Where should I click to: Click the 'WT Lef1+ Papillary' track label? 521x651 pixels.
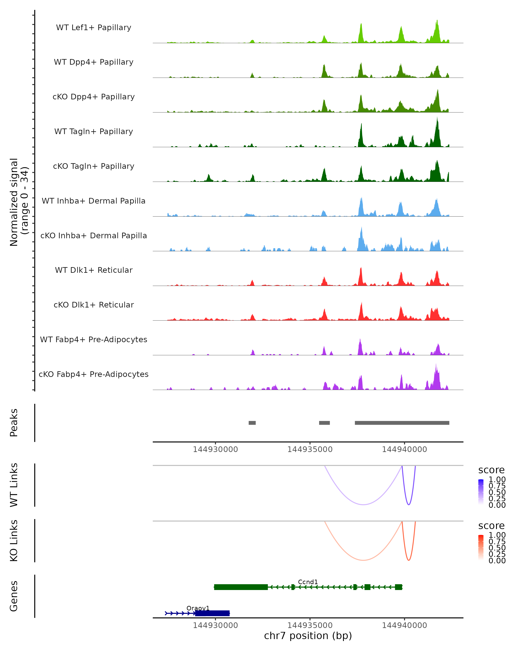94,28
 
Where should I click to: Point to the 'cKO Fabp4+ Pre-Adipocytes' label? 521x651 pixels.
94,374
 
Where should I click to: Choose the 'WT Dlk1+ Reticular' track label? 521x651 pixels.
94,270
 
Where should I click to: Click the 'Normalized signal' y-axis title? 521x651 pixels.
14,202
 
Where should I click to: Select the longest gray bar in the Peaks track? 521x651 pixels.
402,423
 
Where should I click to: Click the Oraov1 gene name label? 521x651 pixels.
198,608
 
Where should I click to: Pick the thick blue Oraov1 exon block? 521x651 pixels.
212,613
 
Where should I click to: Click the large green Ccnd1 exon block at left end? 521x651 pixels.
241,587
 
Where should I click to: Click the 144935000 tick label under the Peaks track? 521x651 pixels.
310,449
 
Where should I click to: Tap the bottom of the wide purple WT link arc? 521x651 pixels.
363,504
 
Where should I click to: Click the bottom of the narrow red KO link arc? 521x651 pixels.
409,560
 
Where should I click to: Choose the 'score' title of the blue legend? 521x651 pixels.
491,470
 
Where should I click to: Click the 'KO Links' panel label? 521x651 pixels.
14,541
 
